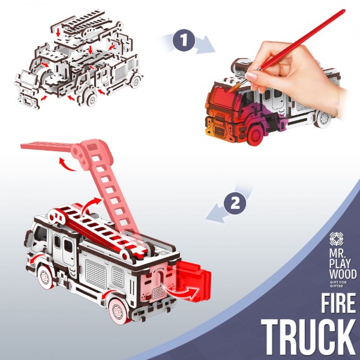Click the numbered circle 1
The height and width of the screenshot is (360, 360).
coord(184,40)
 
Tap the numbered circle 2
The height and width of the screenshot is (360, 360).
coord(235,203)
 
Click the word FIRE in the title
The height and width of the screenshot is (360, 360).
coord(338,303)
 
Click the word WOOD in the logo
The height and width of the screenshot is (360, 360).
coord(343,274)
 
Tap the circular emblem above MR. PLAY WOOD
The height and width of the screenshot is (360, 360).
coord(337,239)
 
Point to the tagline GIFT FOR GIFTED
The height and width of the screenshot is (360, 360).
coord(338,284)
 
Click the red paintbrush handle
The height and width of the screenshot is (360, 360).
coord(303,39)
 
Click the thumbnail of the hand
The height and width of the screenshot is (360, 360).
coord(251,76)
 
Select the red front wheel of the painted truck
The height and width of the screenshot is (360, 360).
coord(254,134)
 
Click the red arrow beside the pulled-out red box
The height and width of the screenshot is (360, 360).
coord(181,291)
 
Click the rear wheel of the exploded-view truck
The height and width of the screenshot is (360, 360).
coord(136,81)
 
